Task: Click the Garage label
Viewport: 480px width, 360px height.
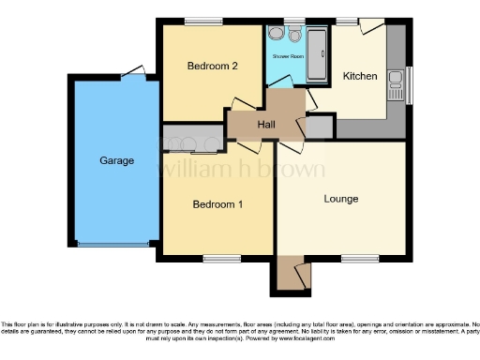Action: (x=117, y=160)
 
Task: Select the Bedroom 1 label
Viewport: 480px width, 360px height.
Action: (x=217, y=203)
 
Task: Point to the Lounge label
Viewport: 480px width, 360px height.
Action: (x=341, y=199)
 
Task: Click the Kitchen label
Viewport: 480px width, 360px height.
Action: (x=360, y=76)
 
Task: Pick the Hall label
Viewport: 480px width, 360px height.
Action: (x=266, y=125)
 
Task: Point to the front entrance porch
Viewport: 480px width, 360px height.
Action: (x=292, y=275)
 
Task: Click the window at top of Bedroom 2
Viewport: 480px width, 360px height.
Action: (x=197, y=21)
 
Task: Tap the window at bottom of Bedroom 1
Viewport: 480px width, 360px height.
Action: (x=220, y=258)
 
